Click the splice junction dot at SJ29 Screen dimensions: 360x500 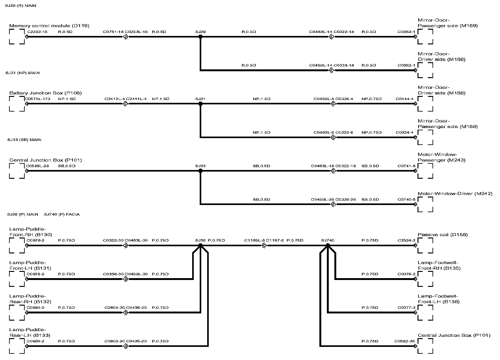tap(200, 37)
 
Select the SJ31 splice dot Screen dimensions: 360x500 tap(200, 104)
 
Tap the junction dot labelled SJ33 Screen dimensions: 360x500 tap(200, 171)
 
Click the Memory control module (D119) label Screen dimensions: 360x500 tap(49, 26)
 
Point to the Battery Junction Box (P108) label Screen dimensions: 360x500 tap(46, 93)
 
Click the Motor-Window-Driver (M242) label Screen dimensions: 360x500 tap(455, 193)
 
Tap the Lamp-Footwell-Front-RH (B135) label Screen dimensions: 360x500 tap(439, 265)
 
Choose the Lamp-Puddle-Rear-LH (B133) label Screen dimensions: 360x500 tap(30, 332)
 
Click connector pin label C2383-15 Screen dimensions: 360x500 tap(37, 32)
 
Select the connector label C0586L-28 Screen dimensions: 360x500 tap(37, 166)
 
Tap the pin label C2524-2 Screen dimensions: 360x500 tap(406, 240)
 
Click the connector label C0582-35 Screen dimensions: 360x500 tap(405, 341)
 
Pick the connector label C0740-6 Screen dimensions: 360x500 tap(406, 199)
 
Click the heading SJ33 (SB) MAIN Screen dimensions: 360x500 tap(24, 140)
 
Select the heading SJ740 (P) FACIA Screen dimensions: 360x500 tap(62, 214)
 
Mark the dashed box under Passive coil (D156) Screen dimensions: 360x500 tap(425, 246)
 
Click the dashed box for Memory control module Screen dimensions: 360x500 tap(17, 37)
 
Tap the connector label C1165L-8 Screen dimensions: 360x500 tap(254, 240)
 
